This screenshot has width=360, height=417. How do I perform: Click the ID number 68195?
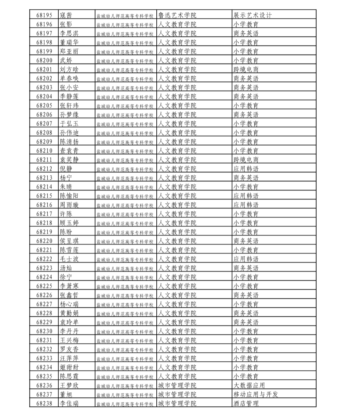coord(44,15)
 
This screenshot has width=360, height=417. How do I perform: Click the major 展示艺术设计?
coord(252,15)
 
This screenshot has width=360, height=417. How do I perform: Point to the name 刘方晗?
coord(69,69)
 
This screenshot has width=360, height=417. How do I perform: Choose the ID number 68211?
coord(44,160)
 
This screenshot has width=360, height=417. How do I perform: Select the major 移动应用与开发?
coord(255,394)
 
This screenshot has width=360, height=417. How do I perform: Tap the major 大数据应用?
coord(249,385)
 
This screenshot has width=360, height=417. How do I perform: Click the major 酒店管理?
coord(246,403)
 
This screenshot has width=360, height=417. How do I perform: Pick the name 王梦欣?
coord(69,385)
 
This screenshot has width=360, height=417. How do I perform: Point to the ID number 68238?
coord(44,403)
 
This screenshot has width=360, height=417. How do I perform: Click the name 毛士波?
coord(69,259)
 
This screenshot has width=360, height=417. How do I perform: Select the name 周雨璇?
coord(69,205)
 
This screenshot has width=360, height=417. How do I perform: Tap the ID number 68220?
coord(44,241)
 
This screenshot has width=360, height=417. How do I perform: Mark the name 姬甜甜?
coord(69,367)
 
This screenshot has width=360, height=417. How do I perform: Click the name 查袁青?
coord(69,151)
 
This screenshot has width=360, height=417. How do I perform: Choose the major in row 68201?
coord(246,69)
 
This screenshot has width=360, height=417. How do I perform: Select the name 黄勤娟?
coord(69,313)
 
